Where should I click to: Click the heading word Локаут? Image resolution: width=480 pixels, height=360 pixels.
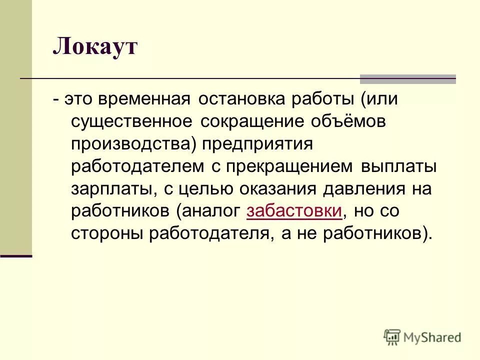tap(95, 48)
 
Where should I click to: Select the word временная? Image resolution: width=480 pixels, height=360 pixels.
tap(144, 99)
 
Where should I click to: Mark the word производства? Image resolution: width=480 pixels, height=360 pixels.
tap(135, 144)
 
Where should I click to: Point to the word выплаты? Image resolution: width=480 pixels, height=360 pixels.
tap(398, 166)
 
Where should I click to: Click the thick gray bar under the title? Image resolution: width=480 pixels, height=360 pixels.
tap(408, 79)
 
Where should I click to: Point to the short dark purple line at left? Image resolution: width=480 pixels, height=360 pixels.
tap(16, 256)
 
